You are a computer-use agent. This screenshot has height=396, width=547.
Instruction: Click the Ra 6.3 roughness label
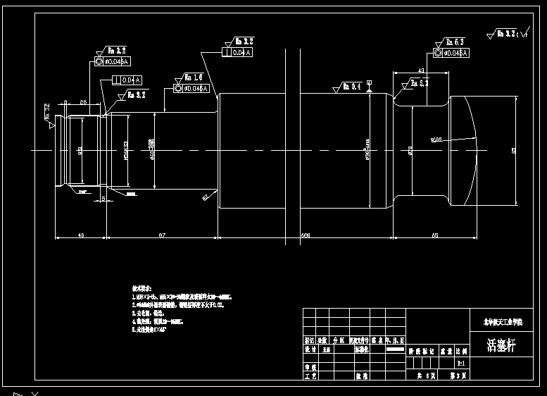click(x=452, y=42)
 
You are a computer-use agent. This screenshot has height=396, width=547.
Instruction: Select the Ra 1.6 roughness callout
click(x=193, y=77)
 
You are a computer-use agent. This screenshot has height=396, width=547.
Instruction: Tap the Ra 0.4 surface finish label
click(x=351, y=87)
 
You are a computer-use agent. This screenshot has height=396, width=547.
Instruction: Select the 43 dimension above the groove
click(x=420, y=70)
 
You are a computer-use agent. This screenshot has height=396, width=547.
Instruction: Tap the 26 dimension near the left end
click(x=83, y=103)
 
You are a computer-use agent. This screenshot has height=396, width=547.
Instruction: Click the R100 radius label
click(x=436, y=140)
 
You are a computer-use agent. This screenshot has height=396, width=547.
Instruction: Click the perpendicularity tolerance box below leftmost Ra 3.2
click(x=127, y=80)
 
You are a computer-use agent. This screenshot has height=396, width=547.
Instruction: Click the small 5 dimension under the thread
click(x=103, y=199)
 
